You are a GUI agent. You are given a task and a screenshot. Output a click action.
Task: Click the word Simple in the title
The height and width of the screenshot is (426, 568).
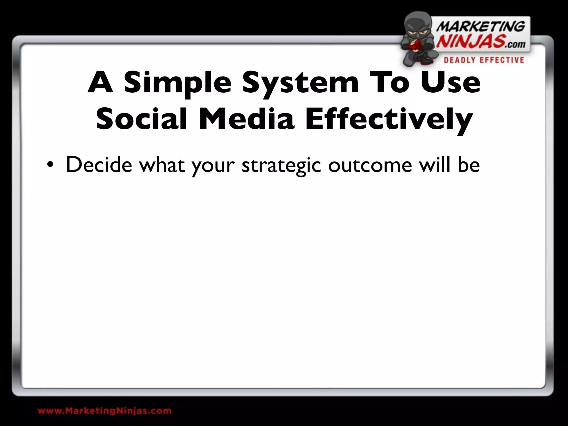click(177, 83)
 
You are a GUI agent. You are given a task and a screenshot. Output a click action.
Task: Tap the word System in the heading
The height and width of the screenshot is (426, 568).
click(300, 83)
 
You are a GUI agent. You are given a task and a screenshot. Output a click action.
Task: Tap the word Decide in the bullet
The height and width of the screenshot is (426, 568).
click(99, 165)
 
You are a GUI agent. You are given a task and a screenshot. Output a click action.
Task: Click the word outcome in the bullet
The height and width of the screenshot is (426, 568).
click(370, 165)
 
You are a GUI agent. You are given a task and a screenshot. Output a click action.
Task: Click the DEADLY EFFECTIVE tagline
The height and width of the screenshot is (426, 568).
click(484, 60)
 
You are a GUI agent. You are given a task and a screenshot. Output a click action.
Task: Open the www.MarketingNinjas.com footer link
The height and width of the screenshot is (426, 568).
click(105, 410)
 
